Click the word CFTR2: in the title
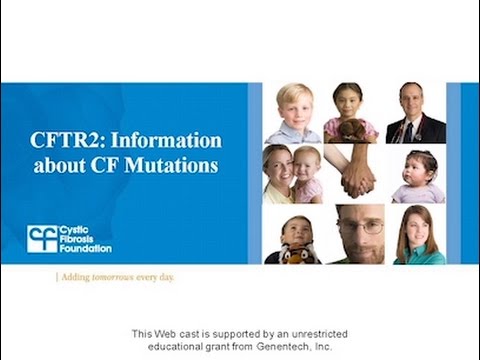(x=67, y=141)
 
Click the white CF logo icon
(x=41, y=239)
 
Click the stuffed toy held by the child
(x=296, y=253)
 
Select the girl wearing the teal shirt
(x=418, y=237)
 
